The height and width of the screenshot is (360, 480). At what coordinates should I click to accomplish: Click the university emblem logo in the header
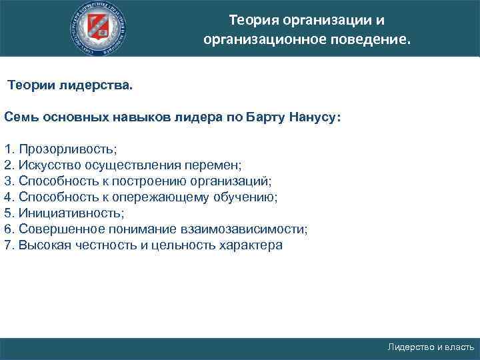[x=100, y=28]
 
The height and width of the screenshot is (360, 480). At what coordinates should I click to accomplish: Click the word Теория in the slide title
[x=250, y=19]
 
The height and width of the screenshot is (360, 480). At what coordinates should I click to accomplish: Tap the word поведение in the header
[x=369, y=39]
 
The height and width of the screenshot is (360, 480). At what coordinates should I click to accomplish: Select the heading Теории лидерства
[x=70, y=86]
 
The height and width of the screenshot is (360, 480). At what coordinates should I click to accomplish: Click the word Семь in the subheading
[x=19, y=117]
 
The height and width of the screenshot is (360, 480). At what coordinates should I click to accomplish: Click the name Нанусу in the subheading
[x=315, y=117]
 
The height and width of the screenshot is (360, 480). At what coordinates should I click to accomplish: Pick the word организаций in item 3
[x=236, y=181]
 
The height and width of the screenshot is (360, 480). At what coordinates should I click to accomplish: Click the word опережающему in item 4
[x=168, y=197]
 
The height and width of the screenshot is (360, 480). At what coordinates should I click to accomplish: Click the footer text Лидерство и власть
[x=431, y=347]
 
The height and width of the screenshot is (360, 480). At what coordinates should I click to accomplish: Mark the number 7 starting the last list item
[x=7, y=245]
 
